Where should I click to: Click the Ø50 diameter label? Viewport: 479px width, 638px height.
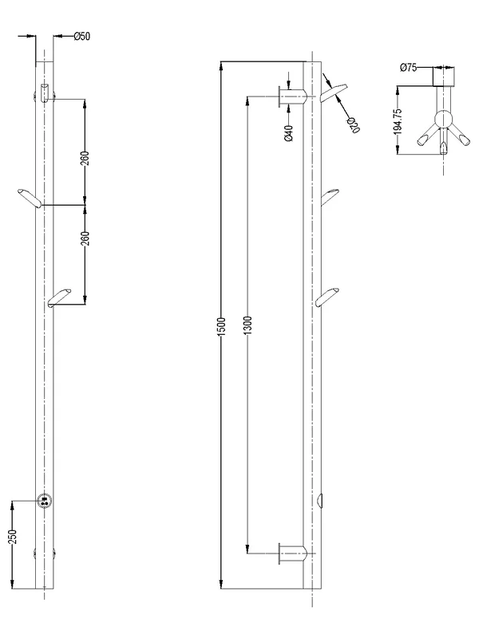coord(82,36)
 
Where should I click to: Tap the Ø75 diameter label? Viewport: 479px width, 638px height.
coord(409,68)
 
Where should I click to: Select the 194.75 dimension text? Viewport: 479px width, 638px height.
coord(398,121)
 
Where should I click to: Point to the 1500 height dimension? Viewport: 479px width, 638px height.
coord(222,326)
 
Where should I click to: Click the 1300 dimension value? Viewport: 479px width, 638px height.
coord(249,325)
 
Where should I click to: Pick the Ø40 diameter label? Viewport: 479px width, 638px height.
coord(289,132)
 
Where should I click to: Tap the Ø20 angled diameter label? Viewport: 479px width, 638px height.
coord(353,124)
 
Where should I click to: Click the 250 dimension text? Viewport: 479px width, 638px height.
coord(13,536)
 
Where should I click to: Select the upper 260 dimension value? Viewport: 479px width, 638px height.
coord(85,158)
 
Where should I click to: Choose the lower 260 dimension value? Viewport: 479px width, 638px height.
coord(85,238)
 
